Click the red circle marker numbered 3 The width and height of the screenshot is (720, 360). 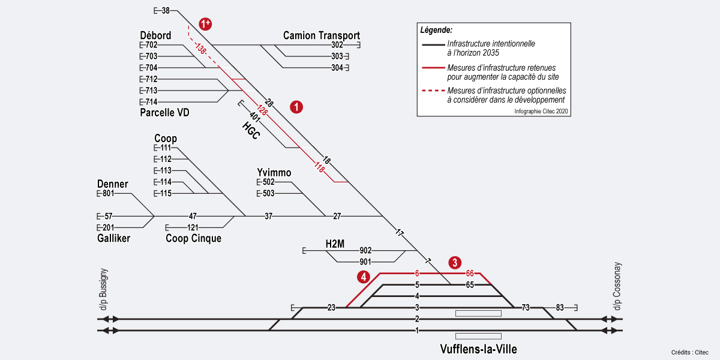[455, 262]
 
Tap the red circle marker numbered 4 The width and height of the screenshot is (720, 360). [363, 277]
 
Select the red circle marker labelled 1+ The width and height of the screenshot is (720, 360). [206, 24]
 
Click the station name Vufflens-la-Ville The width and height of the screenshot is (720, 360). [478, 349]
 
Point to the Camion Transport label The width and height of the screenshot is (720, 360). [322, 35]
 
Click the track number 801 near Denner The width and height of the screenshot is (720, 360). [108, 194]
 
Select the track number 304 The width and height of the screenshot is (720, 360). [337, 68]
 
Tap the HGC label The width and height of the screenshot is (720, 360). [251, 130]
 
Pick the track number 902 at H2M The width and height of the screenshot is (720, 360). [365, 250]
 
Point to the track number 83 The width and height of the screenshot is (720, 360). [559, 308]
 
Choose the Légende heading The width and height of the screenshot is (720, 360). [436, 29]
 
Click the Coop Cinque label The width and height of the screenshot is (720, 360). [193, 239]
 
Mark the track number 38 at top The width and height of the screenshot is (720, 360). [166, 10]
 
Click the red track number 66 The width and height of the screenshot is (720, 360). [470, 274]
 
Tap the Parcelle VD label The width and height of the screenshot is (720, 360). [164, 112]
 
